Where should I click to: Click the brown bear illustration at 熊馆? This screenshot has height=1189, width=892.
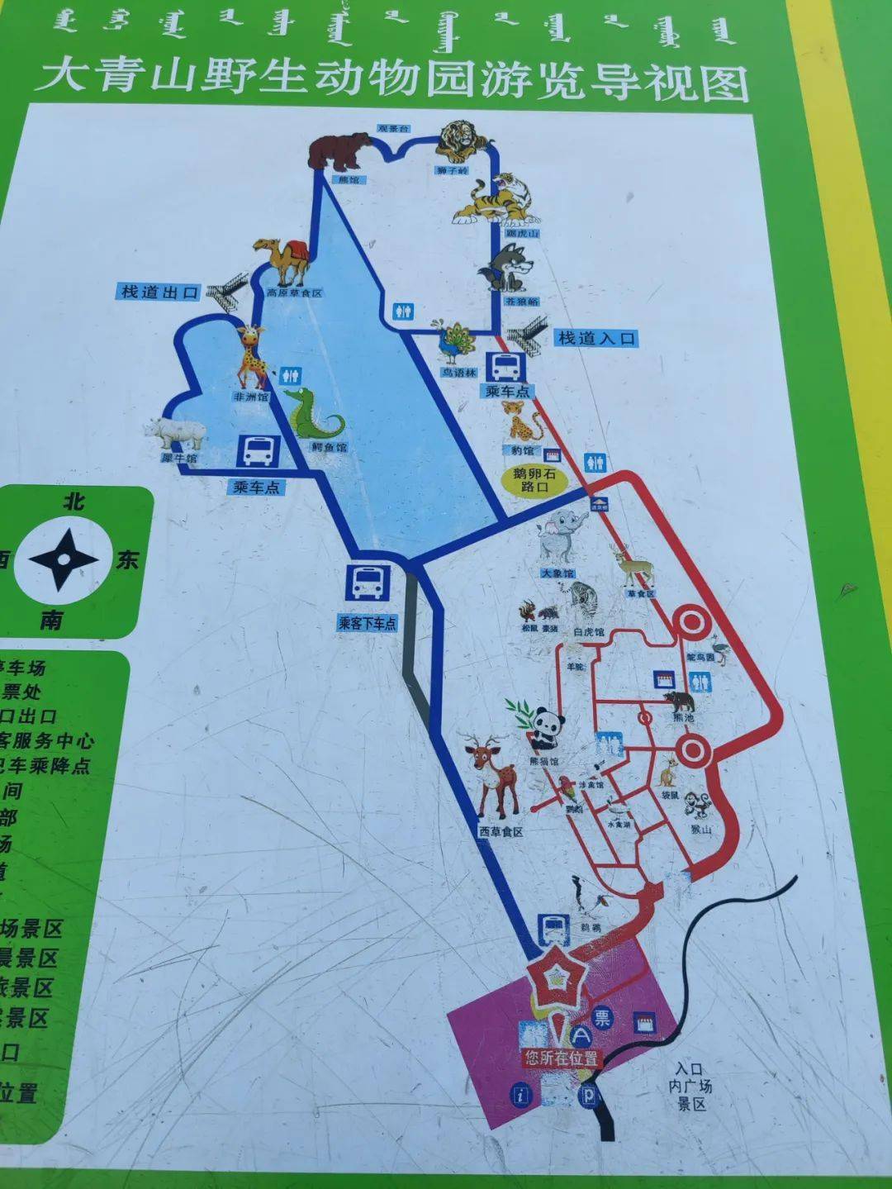338,151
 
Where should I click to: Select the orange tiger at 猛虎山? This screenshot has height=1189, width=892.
496,201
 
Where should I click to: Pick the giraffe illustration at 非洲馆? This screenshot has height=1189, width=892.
253,356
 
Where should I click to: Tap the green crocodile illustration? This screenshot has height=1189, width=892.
313,414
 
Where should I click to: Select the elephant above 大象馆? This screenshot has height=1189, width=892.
562,537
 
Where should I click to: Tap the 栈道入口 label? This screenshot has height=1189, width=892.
596,338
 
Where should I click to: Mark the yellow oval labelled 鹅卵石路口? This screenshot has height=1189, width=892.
534,480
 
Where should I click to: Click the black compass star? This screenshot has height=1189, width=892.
63,559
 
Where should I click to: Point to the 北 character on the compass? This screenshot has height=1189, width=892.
74,502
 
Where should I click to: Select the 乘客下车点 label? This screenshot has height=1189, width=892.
367,623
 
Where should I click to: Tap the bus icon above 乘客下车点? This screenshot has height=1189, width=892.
367,582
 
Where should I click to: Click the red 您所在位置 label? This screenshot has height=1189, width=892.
561,1058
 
